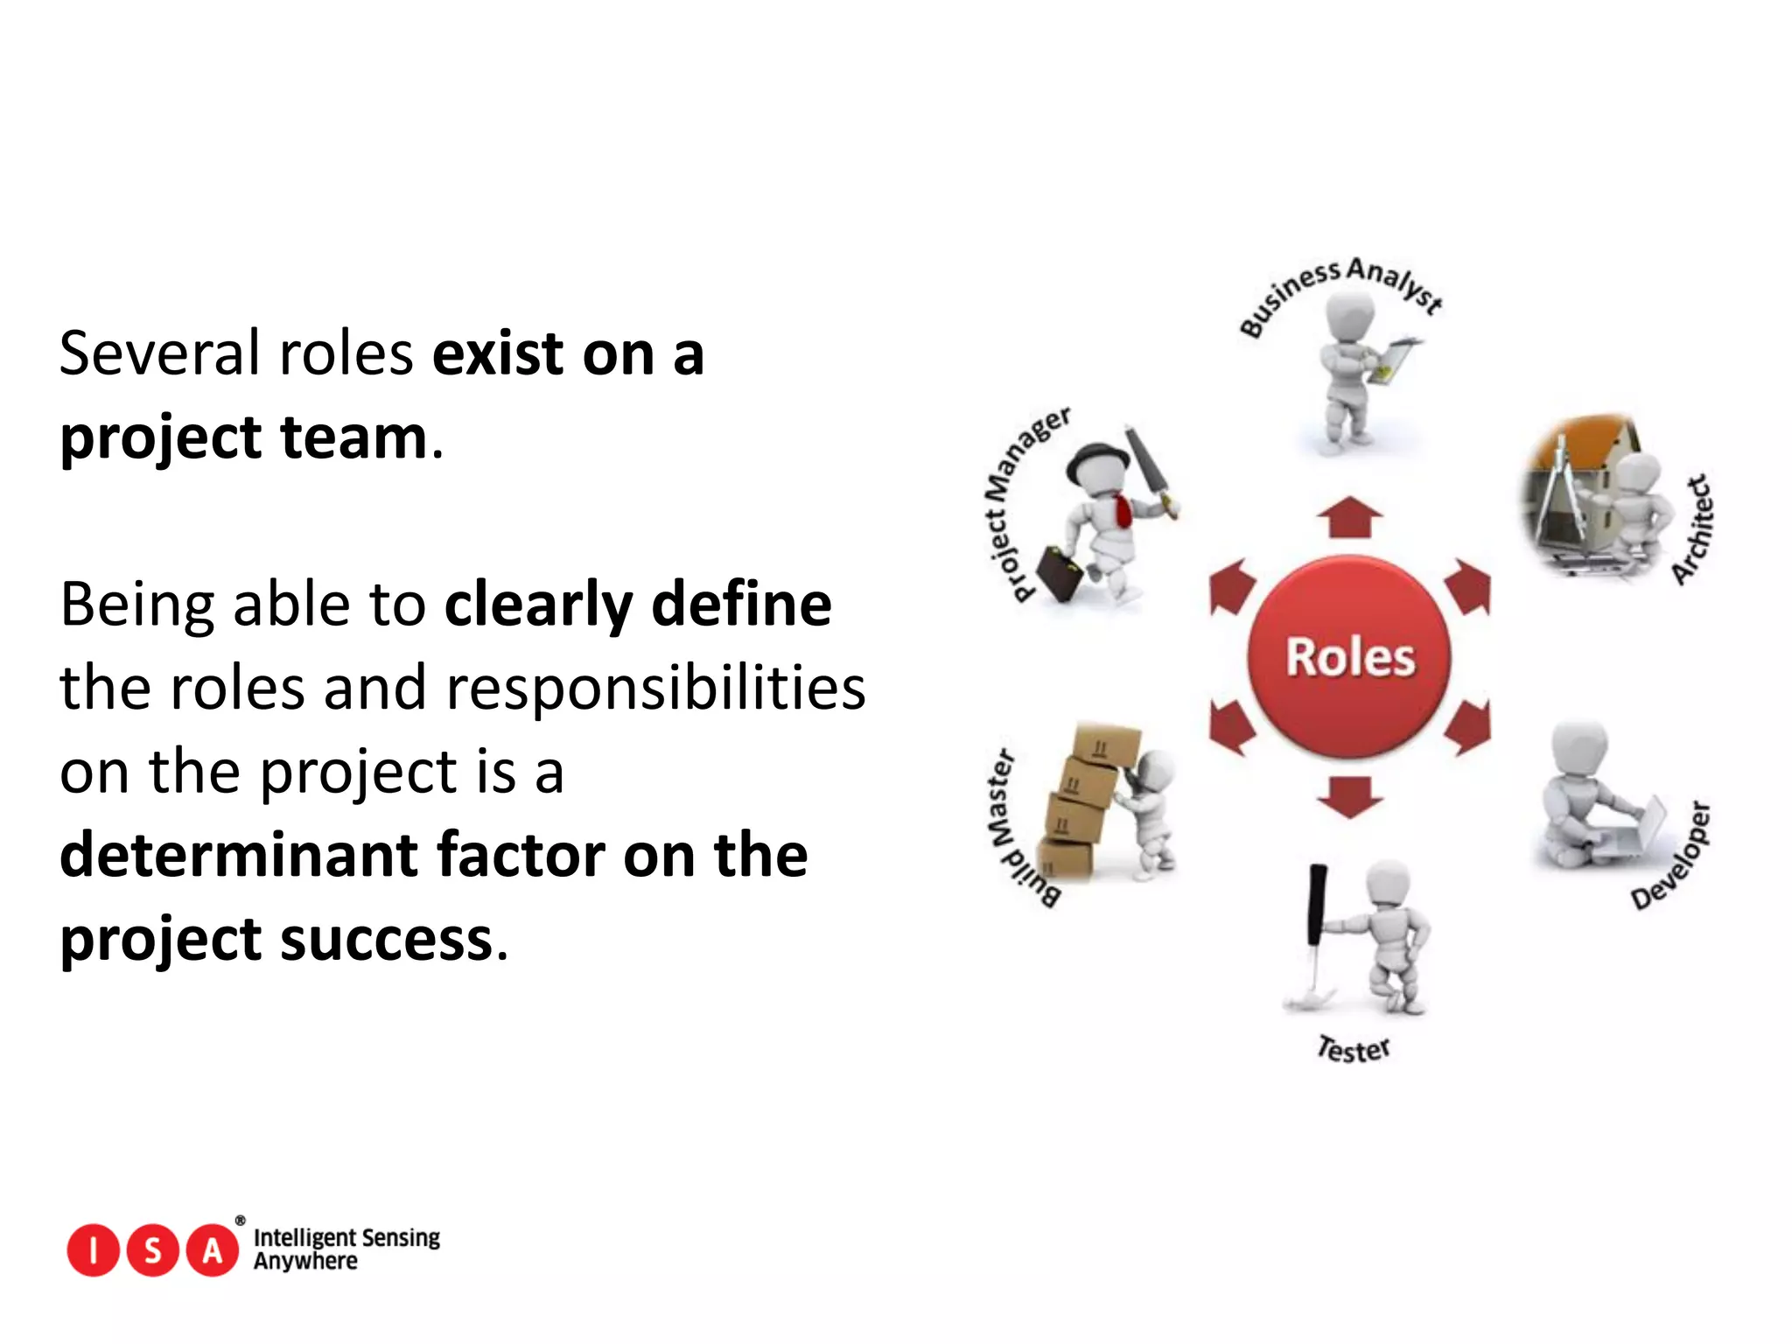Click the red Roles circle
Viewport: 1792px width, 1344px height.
[x=1348, y=657]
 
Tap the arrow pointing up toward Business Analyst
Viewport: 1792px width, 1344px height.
[x=1349, y=517]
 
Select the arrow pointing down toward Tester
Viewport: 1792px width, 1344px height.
[x=1349, y=794]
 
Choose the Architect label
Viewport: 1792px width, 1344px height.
[x=1693, y=529]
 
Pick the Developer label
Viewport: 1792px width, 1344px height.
[x=1672, y=856]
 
